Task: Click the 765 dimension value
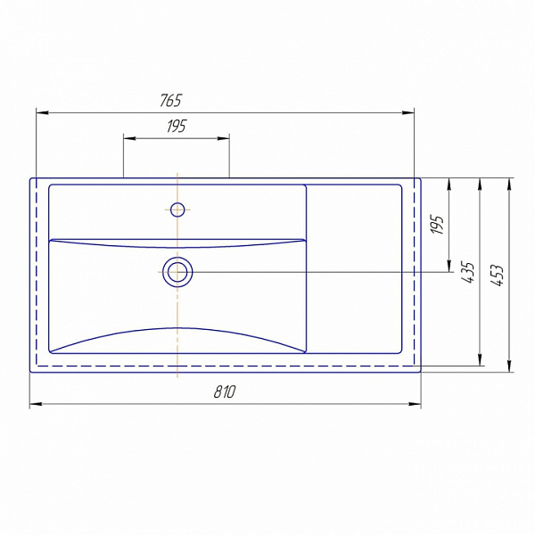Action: [x=170, y=100]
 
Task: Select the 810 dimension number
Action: [x=225, y=392]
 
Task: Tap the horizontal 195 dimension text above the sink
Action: [x=177, y=127]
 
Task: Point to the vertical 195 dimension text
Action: [x=438, y=224]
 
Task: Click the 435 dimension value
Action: [x=468, y=272]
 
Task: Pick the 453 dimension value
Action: [x=498, y=275]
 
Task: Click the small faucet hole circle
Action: [x=177, y=210]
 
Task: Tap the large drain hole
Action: [x=177, y=272]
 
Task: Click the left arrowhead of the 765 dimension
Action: [x=42, y=112]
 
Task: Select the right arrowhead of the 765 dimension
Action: [x=407, y=112]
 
